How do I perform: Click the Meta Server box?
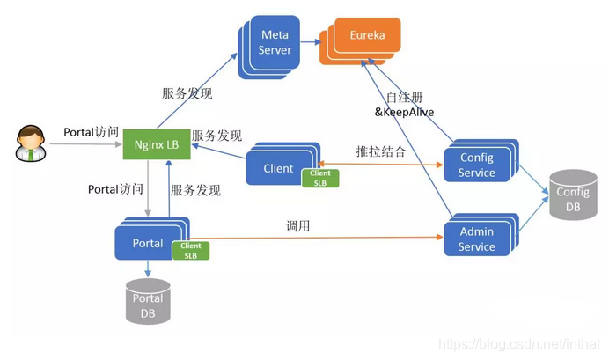coord(274,41)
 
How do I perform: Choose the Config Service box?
coord(476,165)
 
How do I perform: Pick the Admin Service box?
coord(476,239)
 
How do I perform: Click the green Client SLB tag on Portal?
coord(191,250)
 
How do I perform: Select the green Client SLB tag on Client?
coord(319,179)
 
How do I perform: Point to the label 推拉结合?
coord(380,151)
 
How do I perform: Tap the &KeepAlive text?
coord(406,112)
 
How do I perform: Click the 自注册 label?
coord(406,97)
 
